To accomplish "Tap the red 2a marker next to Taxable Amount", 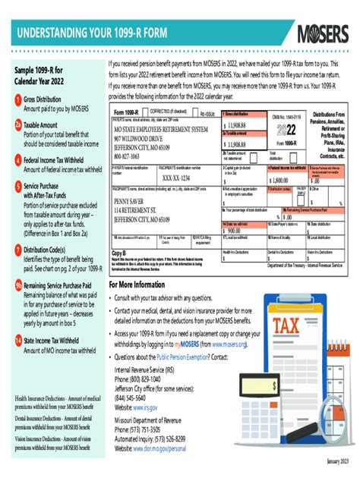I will [17, 124].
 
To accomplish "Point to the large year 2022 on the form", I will [286, 129].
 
